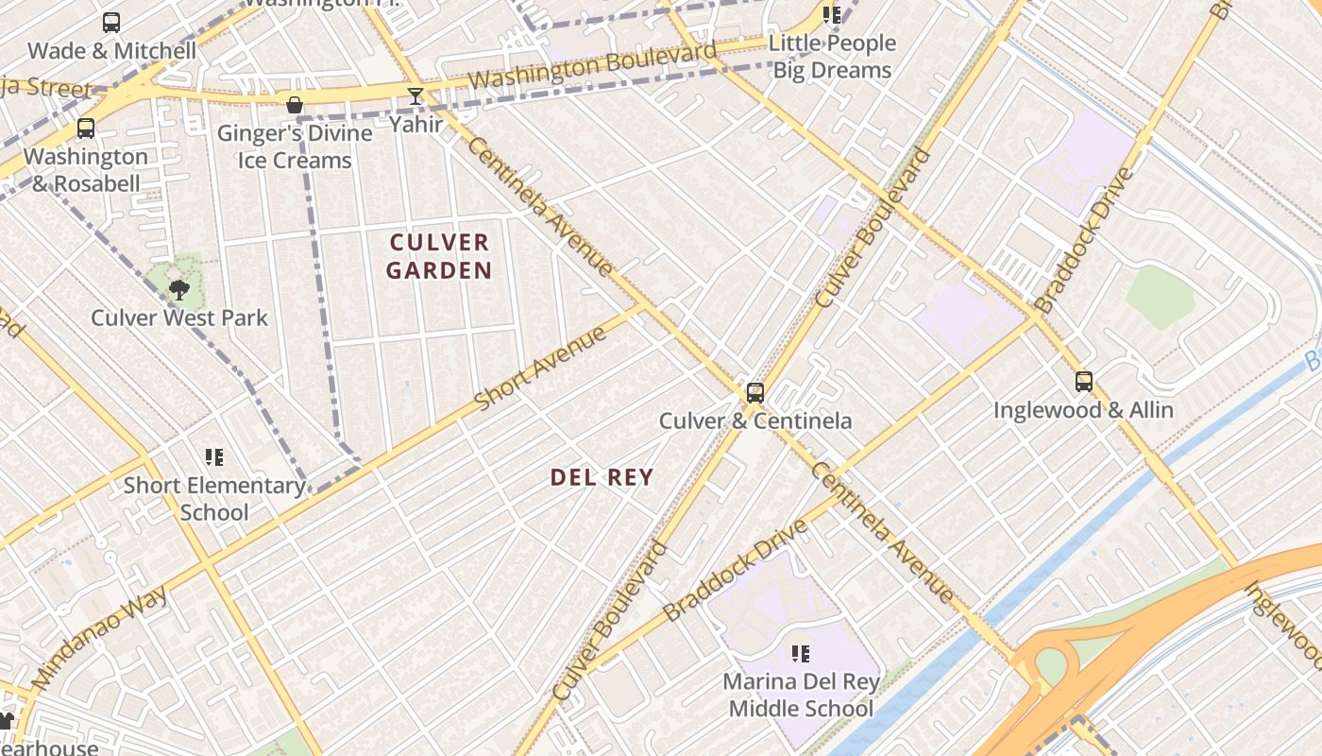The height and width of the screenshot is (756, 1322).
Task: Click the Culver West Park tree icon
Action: coord(178,289)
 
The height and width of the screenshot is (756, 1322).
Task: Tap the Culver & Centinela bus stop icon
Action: coord(755,393)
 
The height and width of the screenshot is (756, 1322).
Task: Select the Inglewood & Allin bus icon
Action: coord(1084,383)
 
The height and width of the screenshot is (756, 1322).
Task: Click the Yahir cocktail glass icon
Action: coord(415,96)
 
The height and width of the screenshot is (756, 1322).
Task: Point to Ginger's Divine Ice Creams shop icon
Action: coord(295,104)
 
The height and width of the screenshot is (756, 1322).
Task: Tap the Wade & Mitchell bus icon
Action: coord(111,23)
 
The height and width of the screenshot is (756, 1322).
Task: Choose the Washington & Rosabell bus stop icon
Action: coord(86,129)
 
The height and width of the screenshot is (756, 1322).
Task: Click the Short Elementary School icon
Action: coord(214,457)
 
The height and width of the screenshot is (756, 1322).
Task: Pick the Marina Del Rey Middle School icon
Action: coord(801,653)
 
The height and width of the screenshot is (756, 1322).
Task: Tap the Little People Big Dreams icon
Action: coord(832,15)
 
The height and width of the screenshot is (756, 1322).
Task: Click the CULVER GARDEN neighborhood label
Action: coord(440,256)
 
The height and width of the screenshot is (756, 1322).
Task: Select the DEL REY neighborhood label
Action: coord(602,477)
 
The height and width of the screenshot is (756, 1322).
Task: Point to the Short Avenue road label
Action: coord(540,369)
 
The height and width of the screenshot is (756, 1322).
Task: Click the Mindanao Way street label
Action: coord(99,637)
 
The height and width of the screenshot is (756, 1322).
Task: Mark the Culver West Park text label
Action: coord(179,318)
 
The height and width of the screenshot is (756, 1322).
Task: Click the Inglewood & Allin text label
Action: coord(1083,410)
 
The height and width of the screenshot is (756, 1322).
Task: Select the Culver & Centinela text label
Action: coord(755,421)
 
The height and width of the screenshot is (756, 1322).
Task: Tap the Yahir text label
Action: coord(415,124)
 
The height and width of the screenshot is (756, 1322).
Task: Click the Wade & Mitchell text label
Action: coord(111,51)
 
